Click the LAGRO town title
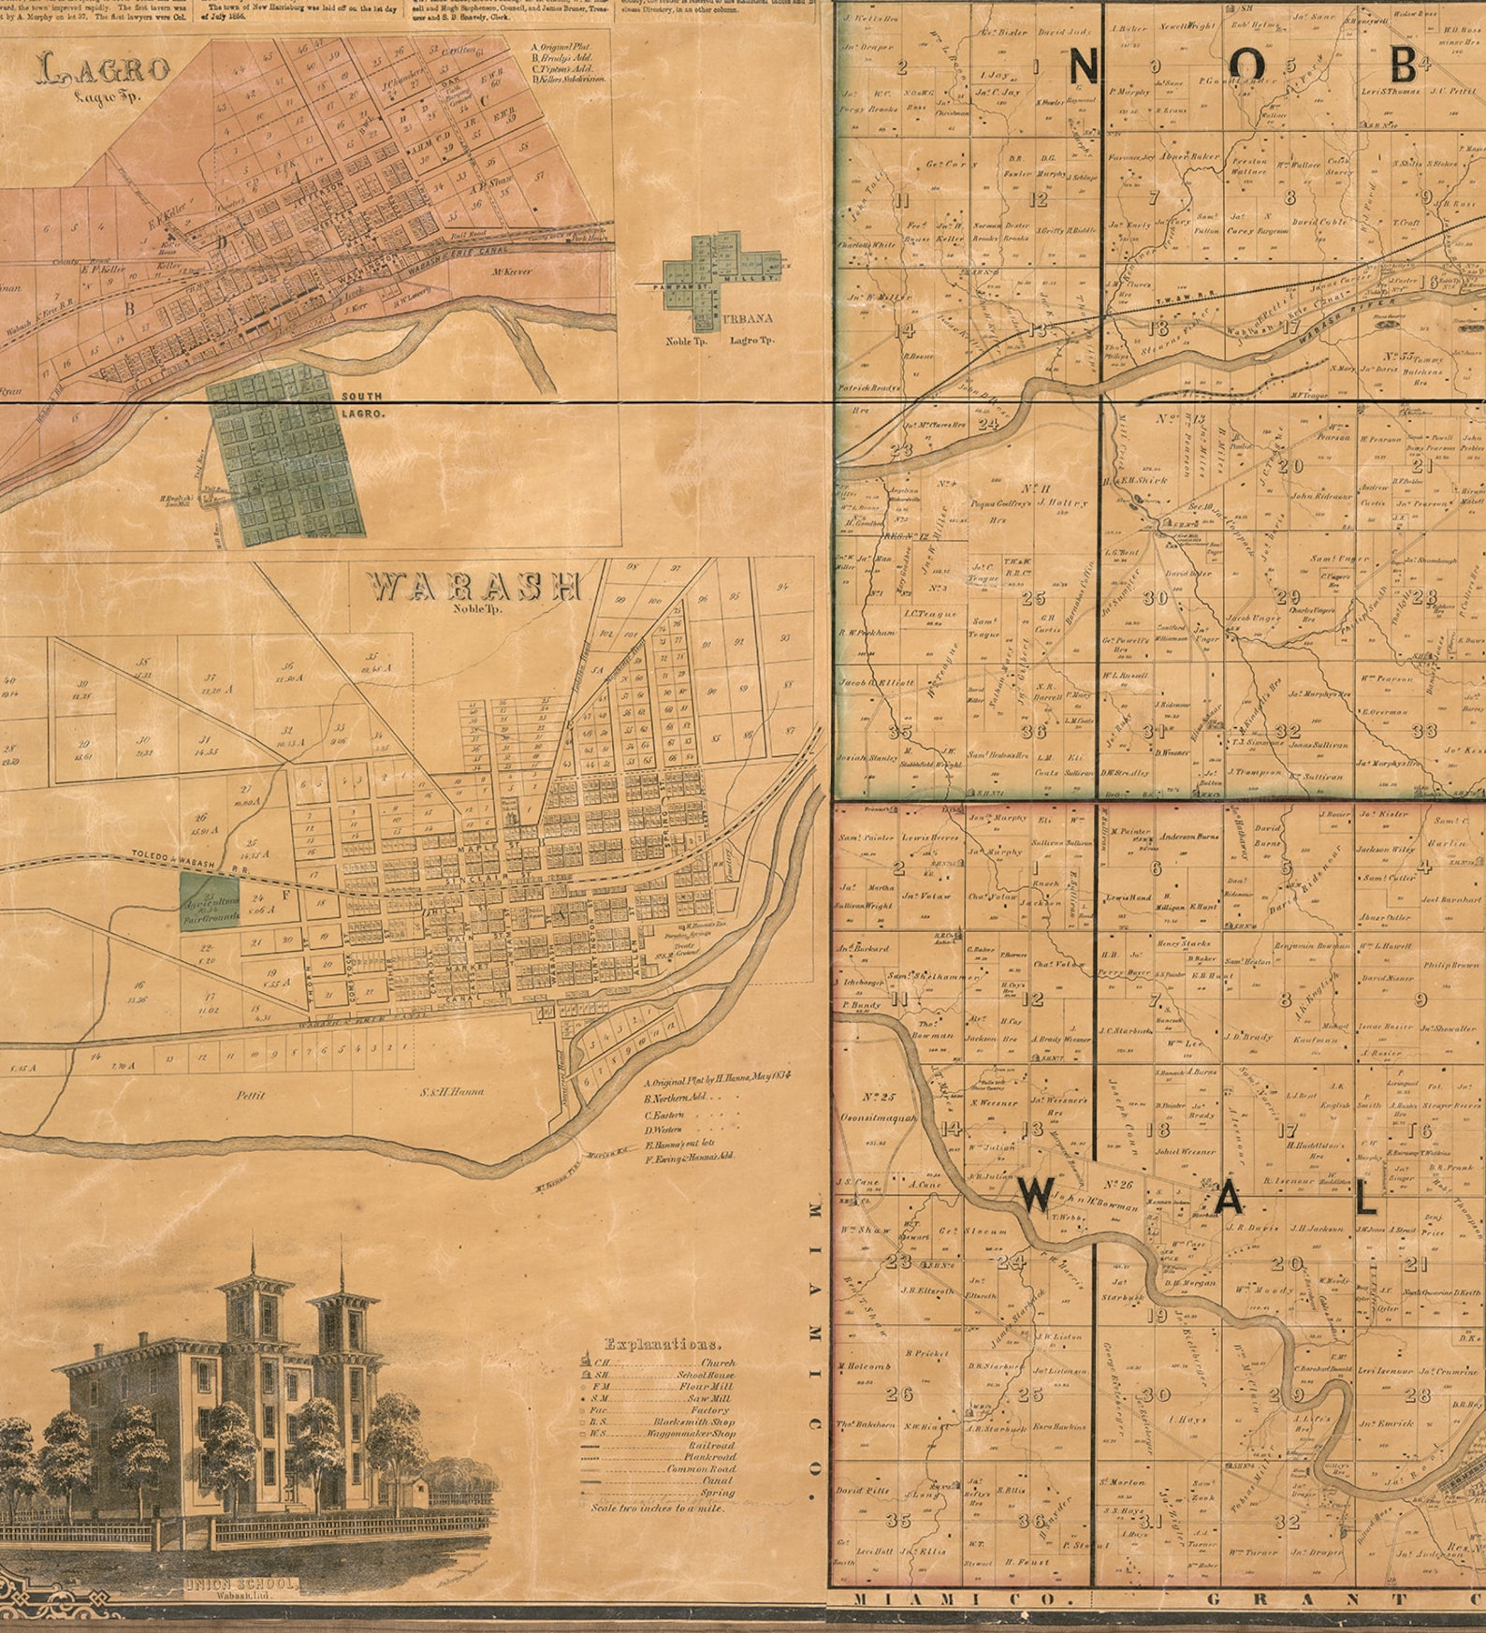[104, 71]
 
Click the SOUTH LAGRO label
[361, 404]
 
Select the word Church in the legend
[717, 1363]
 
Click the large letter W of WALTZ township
[1037, 1195]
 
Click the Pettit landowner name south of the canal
[251, 1094]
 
